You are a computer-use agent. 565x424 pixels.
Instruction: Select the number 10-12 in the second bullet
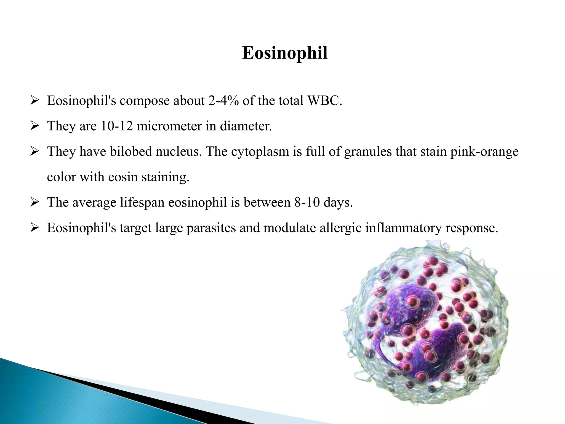[116, 126]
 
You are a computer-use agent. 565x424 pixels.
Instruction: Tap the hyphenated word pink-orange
[484, 151]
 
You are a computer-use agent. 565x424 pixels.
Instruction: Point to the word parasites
[211, 228]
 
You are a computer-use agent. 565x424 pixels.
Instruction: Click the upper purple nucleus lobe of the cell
[411, 306]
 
